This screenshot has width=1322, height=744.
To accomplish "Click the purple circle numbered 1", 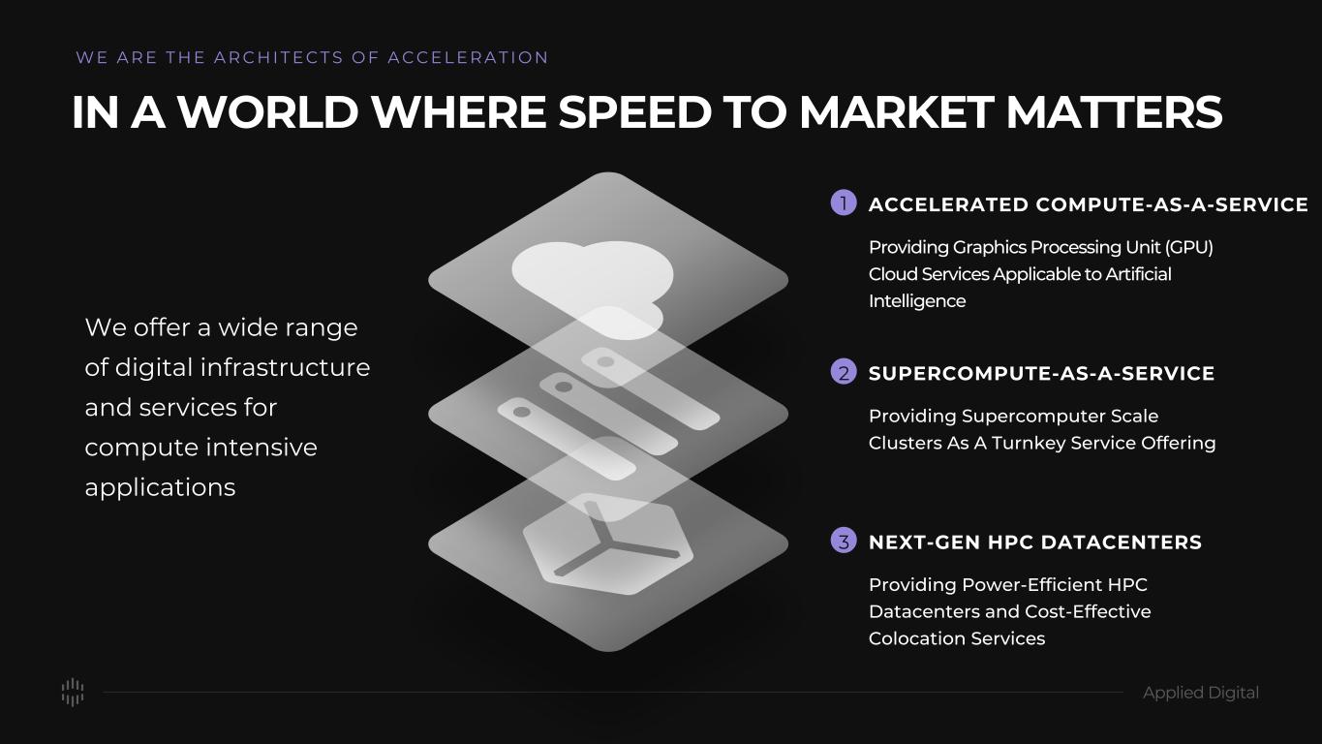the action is coord(844,203).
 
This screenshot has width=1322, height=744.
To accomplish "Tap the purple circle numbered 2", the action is coord(844,372).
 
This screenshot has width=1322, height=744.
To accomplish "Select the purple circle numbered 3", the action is coord(844,541).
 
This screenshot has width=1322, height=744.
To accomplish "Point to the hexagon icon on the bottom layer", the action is coord(608,544).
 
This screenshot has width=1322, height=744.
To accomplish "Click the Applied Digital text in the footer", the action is coord(1200,693).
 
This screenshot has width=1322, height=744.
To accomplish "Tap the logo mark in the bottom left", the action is coord(73,692).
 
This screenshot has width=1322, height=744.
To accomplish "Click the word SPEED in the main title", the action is coord(635,111).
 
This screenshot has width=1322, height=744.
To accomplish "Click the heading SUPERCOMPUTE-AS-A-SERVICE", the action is coord(1042,373).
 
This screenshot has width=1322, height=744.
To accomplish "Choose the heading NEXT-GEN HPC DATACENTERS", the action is coord(1035,542).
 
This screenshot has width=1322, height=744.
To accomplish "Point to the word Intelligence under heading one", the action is coord(917,301).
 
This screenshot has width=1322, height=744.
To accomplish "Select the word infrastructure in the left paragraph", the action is coord(285,367).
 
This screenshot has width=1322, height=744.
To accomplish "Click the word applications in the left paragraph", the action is coord(160,487).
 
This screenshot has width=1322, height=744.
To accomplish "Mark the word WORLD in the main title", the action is coord(268,111).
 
